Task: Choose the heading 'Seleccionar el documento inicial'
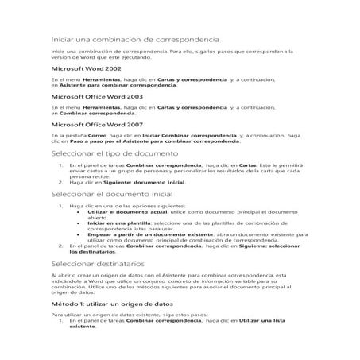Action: (x=111, y=193)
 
